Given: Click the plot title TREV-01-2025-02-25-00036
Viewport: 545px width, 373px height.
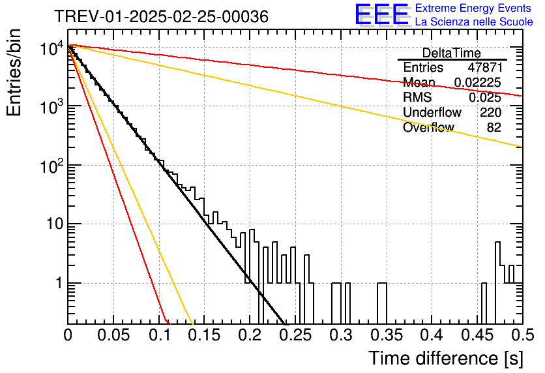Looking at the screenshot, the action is point(162,17).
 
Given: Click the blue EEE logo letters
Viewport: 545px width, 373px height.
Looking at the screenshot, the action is point(382,14).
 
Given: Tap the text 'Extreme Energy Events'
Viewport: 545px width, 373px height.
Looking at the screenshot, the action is point(473,8).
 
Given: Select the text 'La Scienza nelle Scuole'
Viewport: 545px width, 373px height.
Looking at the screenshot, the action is point(474,22).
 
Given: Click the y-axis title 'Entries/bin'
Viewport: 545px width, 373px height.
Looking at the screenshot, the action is point(14,73).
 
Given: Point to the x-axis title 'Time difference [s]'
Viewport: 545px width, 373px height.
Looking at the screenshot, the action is point(446,359).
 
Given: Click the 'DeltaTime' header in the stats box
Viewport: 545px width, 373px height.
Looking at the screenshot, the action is point(452,53).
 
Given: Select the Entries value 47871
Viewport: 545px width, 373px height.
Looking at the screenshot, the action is point(485,67).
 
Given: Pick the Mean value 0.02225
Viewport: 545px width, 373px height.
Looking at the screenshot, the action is point(478,82).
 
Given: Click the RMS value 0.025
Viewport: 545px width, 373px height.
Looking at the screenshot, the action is point(485,98).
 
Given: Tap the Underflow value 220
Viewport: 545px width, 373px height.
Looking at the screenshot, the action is point(490,112).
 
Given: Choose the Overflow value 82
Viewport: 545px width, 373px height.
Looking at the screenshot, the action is point(494,128).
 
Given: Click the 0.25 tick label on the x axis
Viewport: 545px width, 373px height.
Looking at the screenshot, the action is point(295,335).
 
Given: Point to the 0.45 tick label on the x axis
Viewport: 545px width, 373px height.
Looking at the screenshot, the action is point(477,335).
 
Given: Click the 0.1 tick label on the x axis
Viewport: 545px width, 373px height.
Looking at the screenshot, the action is point(160,335).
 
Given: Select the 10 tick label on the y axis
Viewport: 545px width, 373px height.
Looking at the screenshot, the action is point(55,224).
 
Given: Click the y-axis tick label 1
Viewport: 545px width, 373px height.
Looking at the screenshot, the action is point(59,283).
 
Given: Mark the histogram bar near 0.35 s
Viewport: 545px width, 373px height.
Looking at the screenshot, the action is point(382,303).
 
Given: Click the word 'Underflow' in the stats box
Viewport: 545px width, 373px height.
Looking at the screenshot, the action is point(432,112).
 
